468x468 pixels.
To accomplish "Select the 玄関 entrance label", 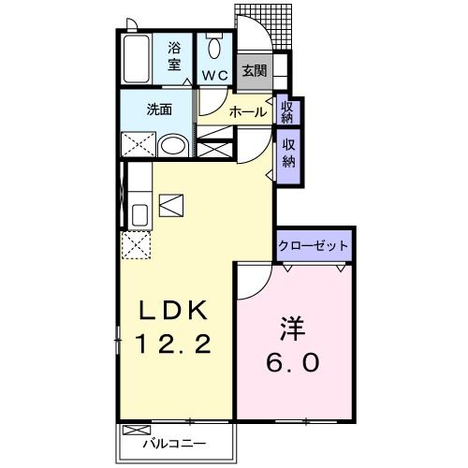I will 252,70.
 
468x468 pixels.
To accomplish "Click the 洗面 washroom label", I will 158,110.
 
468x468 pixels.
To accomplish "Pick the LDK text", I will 174,311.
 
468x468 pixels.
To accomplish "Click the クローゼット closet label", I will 314,246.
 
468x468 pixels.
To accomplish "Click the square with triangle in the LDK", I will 171,202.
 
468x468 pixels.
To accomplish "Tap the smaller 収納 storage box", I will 287,111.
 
